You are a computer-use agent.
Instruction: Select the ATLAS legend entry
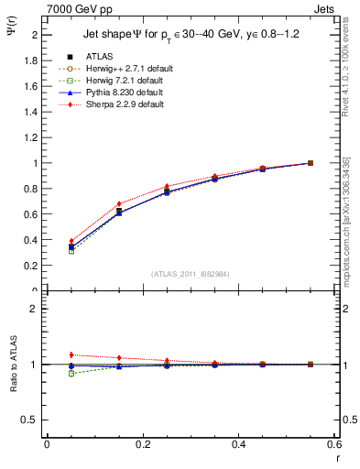point(99,57)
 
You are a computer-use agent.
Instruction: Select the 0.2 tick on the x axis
point(142,443)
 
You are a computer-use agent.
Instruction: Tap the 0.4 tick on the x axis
point(238,443)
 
